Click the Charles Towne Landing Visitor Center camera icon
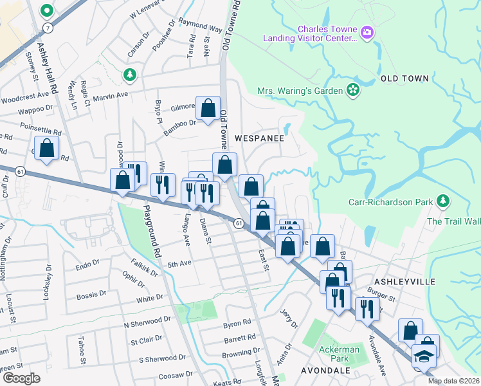367,32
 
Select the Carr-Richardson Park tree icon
442,202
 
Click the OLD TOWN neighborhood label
404,78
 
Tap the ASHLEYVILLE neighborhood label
405,282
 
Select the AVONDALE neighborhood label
325,371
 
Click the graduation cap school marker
424,356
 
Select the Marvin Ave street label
111,96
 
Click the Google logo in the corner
21,378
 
